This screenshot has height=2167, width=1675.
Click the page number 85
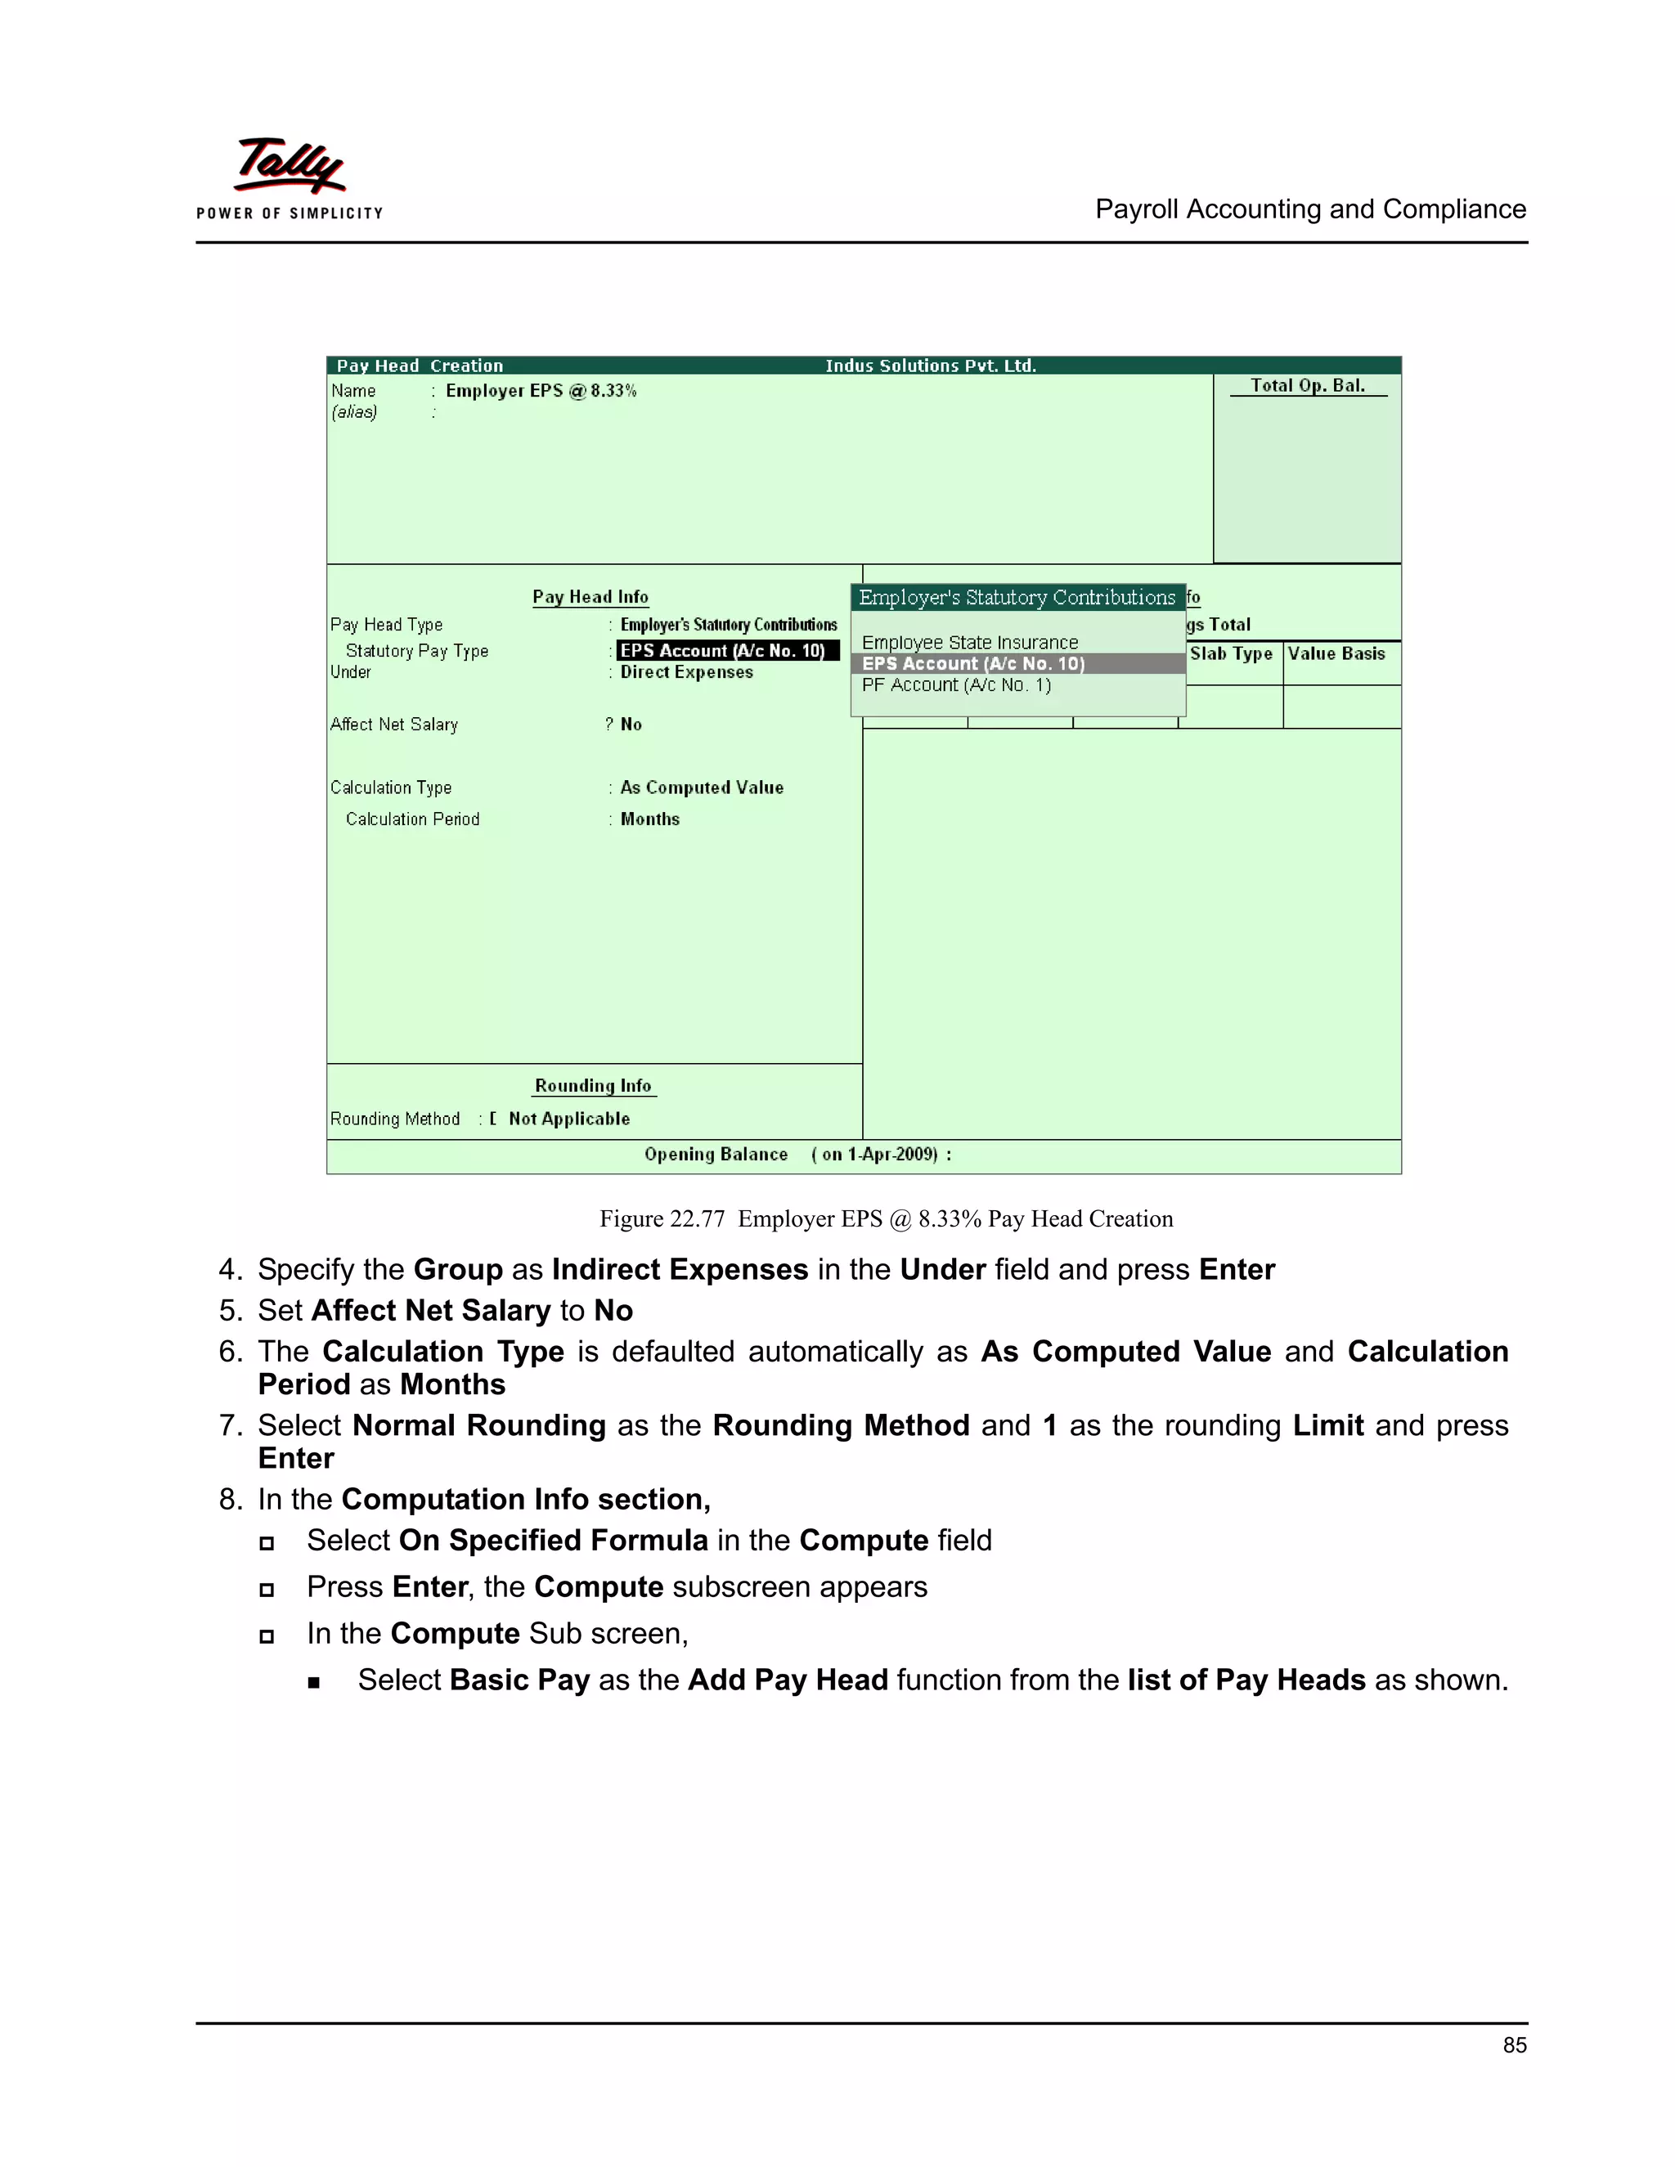coord(1514,2045)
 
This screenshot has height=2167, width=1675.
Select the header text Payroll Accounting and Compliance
coord(1310,209)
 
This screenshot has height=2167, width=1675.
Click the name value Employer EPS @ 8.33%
coord(541,391)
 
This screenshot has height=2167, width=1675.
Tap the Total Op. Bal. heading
coord(1307,386)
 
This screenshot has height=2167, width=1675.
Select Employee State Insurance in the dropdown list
coord(969,643)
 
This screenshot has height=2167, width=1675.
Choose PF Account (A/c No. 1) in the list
coord(955,684)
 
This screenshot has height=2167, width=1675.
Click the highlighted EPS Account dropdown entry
coord(972,664)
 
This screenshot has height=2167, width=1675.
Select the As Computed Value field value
coord(702,787)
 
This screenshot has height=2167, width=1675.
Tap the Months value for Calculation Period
coord(650,819)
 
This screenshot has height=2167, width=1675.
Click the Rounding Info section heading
coord(594,1085)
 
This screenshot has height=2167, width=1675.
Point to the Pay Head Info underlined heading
coord(591,597)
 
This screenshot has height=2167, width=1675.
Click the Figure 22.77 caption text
coord(885,1219)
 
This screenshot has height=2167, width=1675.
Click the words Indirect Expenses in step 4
coord(680,1270)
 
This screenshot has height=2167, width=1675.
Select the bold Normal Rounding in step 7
coord(478,1426)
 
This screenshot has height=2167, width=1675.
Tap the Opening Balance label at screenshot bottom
coord(716,1155)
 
